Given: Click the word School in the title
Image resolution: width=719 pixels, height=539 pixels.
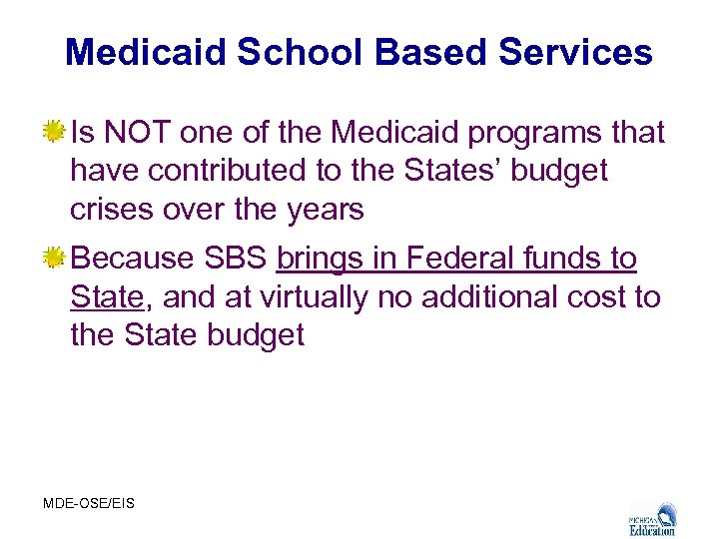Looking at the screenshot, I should click(299, 52).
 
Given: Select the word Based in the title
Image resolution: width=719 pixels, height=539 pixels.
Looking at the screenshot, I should click(433, 52).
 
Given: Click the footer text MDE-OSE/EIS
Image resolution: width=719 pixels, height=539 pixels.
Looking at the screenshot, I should click(89, 503).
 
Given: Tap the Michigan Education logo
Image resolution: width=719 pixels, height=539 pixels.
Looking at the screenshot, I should click(653, 517).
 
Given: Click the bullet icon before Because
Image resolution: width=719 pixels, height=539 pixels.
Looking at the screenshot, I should click(56, 259).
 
